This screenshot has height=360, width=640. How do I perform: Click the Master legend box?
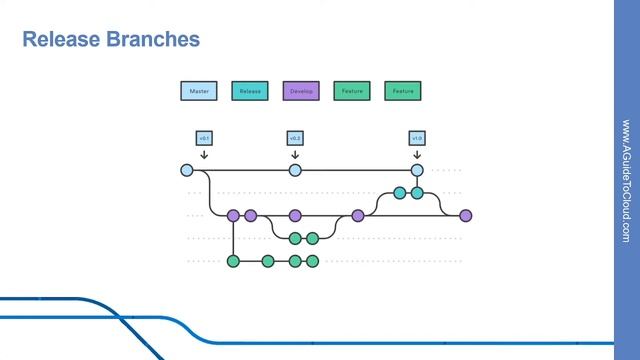(198, 91)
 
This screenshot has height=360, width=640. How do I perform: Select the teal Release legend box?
(250, 91)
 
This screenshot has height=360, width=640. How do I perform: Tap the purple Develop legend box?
(301, 91)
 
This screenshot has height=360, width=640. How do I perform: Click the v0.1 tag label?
(203, 138)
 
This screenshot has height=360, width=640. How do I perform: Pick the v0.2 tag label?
(295, 138)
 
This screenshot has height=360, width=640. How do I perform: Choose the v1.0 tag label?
(417, 138)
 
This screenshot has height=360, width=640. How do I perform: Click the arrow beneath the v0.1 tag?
(203, 154)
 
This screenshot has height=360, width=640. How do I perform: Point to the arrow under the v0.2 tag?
(295, 154)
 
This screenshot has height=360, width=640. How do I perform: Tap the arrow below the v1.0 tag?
(417, 154)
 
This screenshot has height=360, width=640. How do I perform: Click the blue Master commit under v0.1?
(187, 170)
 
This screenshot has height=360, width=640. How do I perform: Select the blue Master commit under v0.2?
(295, 170)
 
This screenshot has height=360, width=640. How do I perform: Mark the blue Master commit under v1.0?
(417, 170)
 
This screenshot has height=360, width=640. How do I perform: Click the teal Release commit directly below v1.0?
(417, 192)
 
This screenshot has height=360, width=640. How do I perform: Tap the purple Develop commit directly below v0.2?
(295, 215)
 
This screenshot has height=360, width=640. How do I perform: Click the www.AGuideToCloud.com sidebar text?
(625, 180)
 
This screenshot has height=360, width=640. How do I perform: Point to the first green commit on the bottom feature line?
(233, 261)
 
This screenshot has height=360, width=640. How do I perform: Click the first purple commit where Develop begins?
(233, 215)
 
